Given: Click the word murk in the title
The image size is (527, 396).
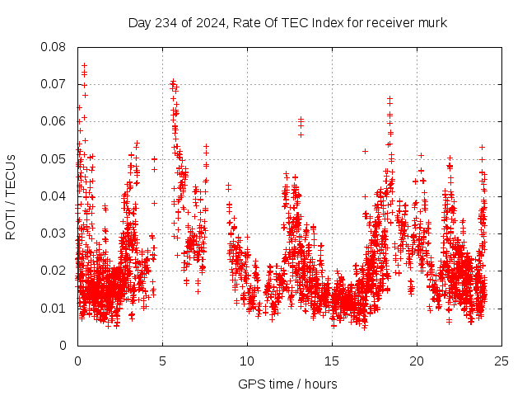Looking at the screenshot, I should [431, 22].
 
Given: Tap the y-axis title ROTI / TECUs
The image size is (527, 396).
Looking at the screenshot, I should [11, 196].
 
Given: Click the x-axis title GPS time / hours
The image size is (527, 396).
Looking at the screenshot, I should [287, 384].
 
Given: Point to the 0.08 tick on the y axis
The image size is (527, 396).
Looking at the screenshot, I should [54, 47].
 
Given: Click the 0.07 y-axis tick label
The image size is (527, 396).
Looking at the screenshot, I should [54, 84].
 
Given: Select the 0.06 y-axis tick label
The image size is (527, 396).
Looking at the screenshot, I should [54, 121].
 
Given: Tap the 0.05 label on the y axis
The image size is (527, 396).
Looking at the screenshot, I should [54, 158].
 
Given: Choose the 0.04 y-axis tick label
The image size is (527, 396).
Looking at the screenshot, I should [54, 196].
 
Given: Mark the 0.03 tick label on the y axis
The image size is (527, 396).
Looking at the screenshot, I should [54, 233].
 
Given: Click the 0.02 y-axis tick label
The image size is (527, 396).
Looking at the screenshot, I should [54, 271].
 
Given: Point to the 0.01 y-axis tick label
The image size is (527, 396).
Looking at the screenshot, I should [54, 308].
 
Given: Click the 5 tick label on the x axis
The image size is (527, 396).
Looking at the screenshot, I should [162, 361].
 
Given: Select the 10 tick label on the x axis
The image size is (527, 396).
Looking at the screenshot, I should [247, 361].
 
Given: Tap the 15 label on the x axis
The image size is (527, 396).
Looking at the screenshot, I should [332, 361].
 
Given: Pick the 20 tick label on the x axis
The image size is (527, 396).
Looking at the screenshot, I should [417, 361].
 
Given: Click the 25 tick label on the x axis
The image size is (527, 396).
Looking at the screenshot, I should [501, 361].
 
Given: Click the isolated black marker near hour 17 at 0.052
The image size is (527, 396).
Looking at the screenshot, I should [365, 151].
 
